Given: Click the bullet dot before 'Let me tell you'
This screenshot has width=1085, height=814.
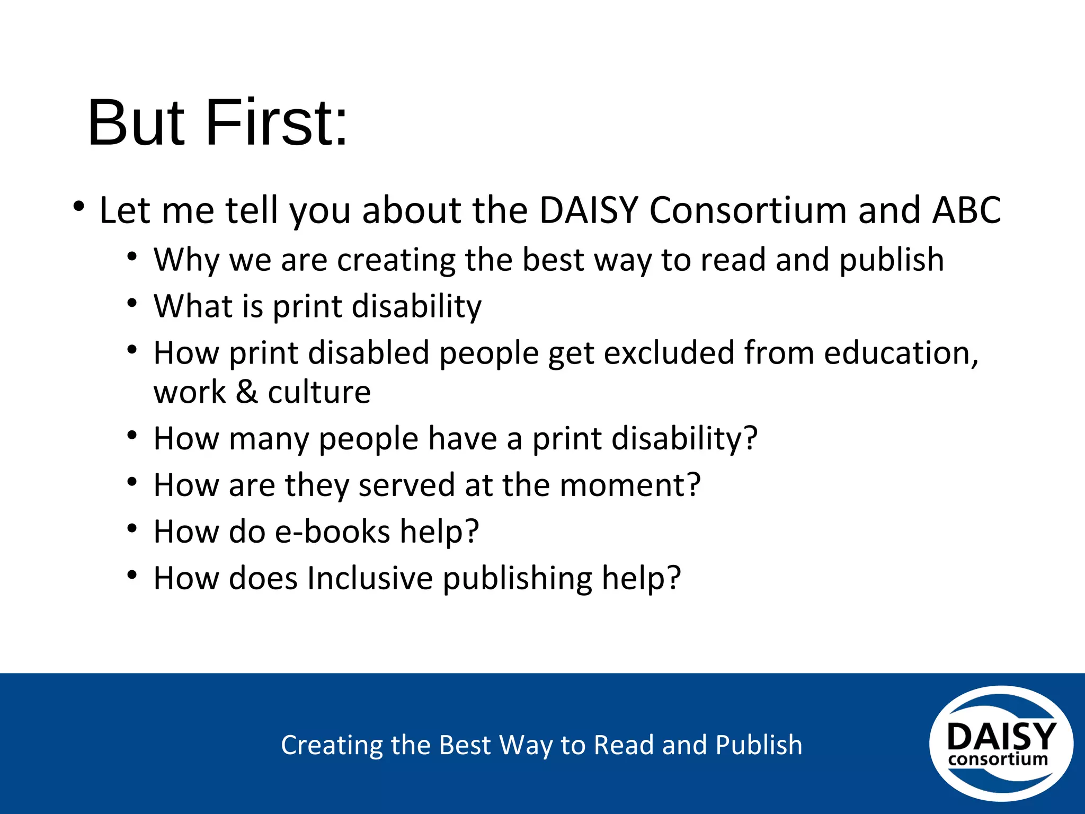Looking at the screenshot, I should point(79,206).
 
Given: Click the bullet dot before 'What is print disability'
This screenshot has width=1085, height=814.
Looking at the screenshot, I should point(132,303).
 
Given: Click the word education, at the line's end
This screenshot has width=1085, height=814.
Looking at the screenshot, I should point(901,353).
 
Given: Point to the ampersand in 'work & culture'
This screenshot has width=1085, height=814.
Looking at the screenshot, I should point(247,392).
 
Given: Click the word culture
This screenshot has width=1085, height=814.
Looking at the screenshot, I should point(319,392).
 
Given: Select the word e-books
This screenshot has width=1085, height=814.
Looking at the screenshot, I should point(332,532).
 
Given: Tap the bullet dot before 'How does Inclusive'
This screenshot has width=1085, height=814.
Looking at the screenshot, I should point(132,574).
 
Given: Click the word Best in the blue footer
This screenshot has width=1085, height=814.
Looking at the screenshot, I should point(465,745).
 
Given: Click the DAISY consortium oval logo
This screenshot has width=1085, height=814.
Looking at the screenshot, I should point(1001,743).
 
